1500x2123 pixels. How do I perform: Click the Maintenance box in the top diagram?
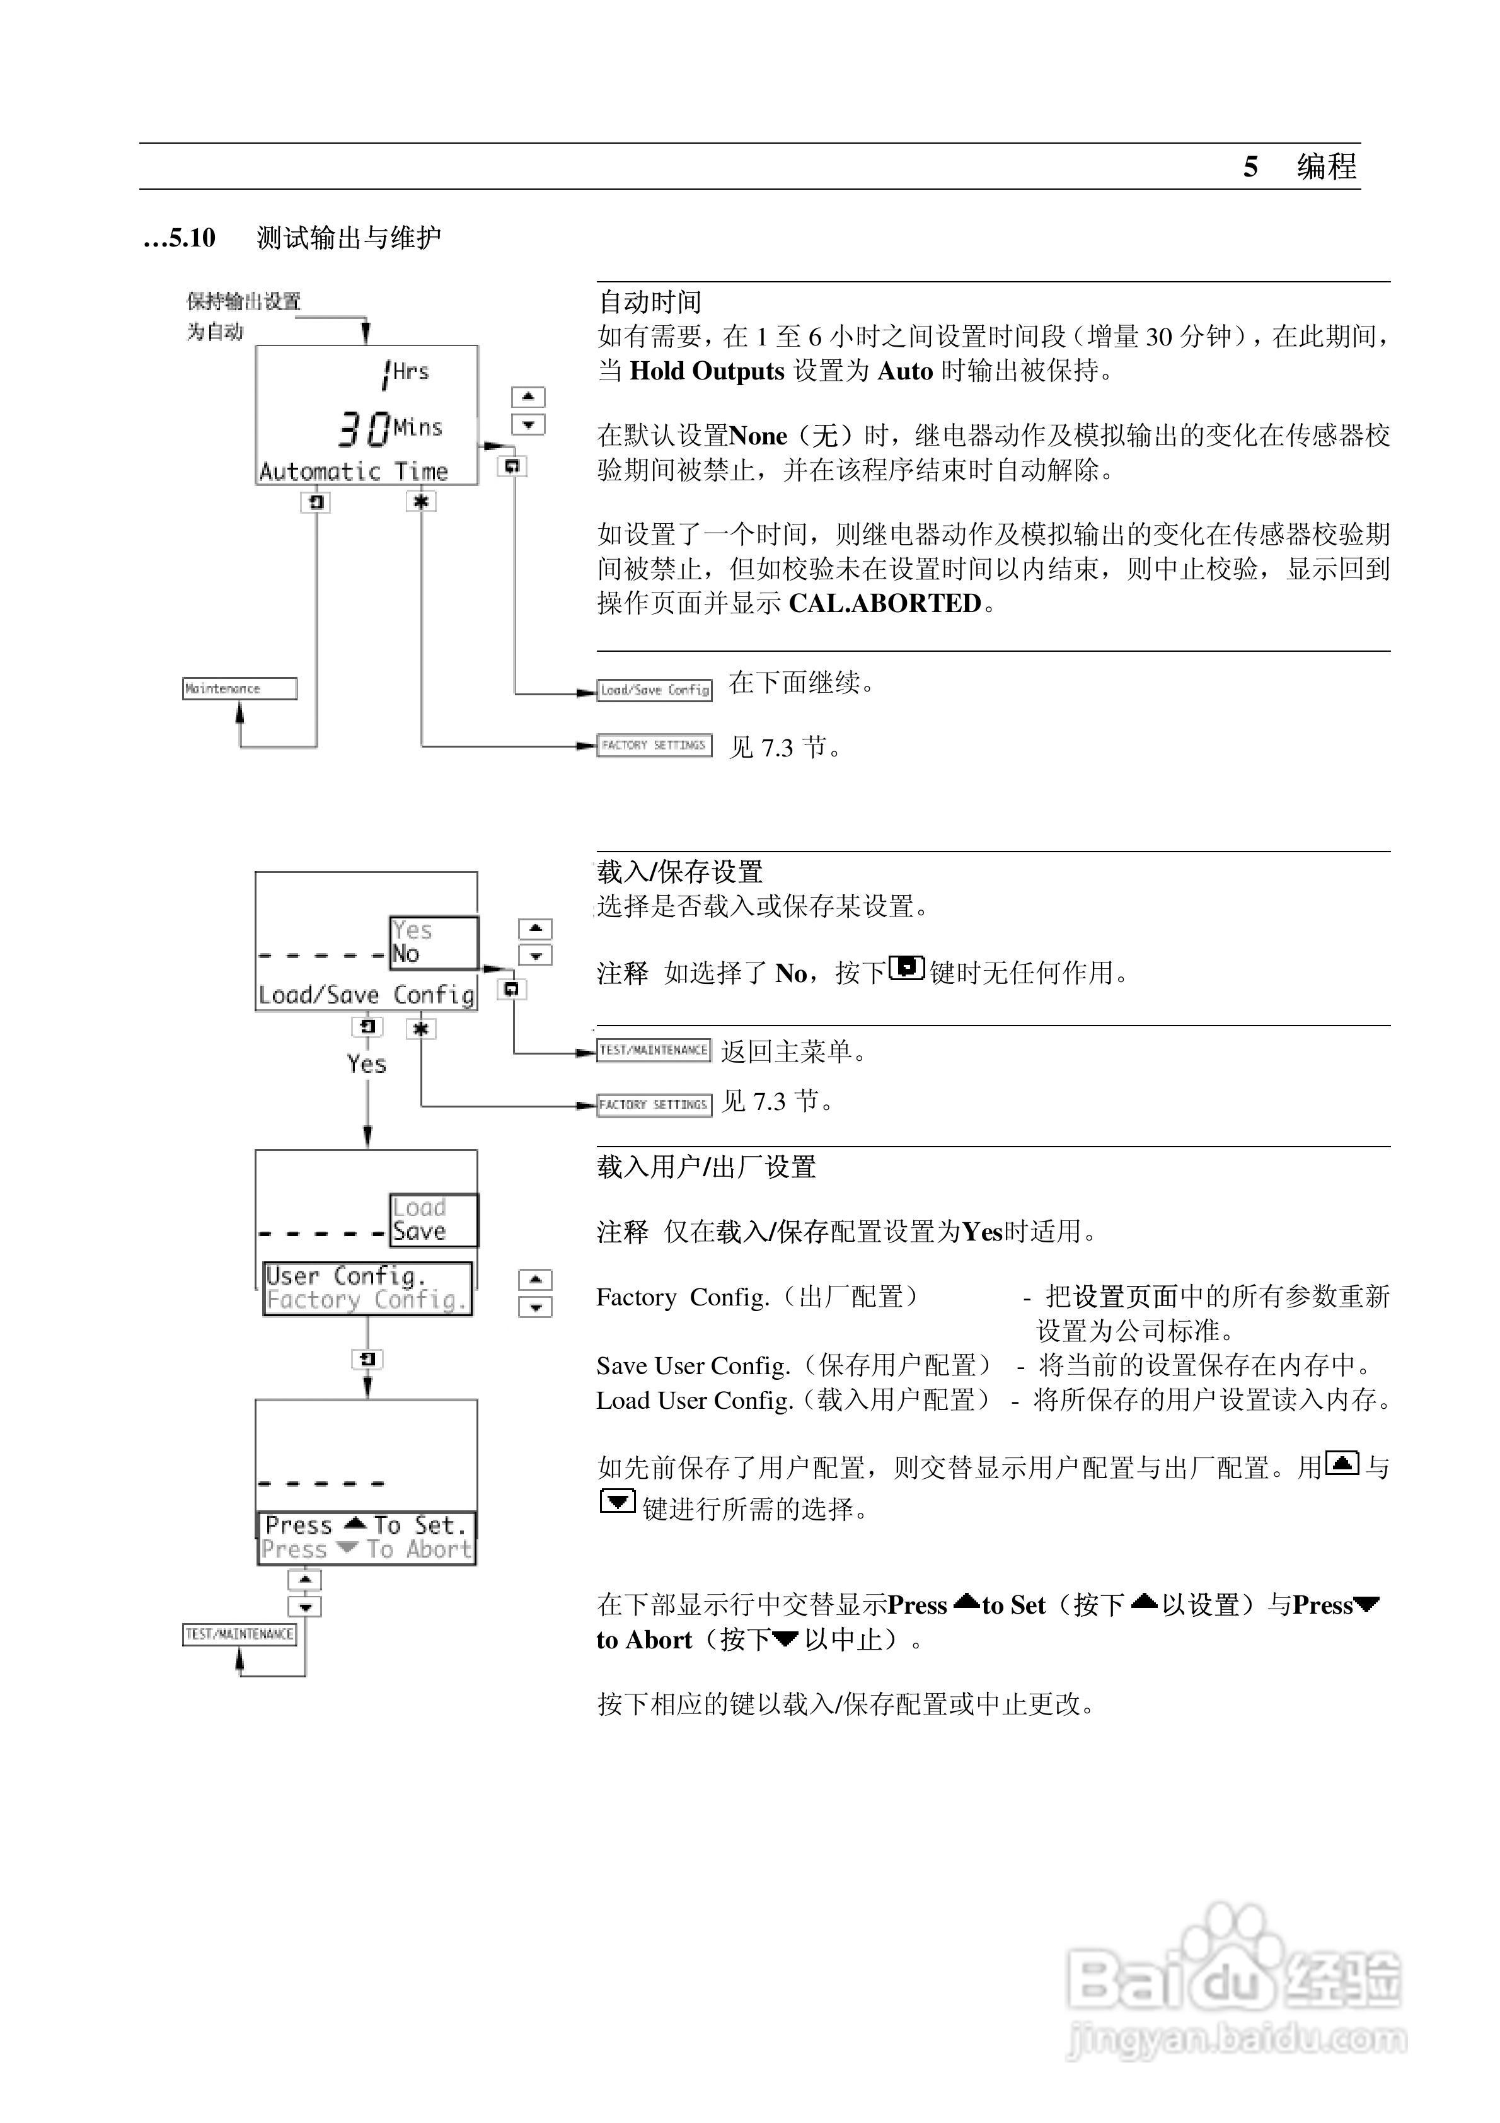(x=239, y=688)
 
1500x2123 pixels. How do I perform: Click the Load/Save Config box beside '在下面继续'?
(x=655, y=690)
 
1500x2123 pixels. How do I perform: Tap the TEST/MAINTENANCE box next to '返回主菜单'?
(x=654, y=1050)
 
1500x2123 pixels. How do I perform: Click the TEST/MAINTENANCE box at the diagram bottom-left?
(x=239, y=1634)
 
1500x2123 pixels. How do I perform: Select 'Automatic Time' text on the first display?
(x=354, y=471)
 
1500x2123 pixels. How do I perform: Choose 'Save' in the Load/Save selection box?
(x=419, y=1232)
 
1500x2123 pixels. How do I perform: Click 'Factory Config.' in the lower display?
(x=366, y=1300)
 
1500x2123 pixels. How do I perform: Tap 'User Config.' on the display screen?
(x=346, y=1276)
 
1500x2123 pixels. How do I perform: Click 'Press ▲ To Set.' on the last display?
(x=366, y=1525)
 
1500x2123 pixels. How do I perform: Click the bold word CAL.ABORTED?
(x=884, y=604)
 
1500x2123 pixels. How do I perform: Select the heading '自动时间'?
(x=650, y=303)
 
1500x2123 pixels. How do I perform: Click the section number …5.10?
(x=180, y=238)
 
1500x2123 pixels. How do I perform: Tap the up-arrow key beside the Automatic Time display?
(x=528, y=396)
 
